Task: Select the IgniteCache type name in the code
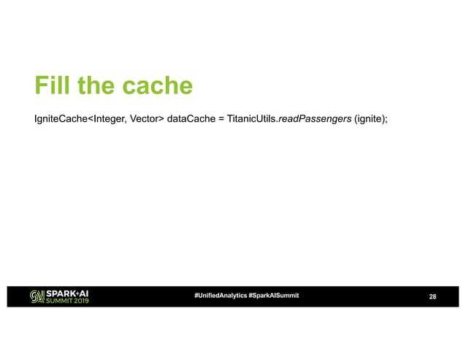click(61, 117)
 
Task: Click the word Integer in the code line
click(110, 117)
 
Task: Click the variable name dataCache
click(191, 117)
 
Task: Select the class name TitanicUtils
click(252, 117)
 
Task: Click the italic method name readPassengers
click(315, 117)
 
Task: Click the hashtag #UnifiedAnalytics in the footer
click(220, 295)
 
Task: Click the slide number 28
click(432, 296)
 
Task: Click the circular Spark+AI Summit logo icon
click(37, 296)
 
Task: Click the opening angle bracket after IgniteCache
click(90, 117)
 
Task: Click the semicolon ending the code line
click(386, 118)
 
